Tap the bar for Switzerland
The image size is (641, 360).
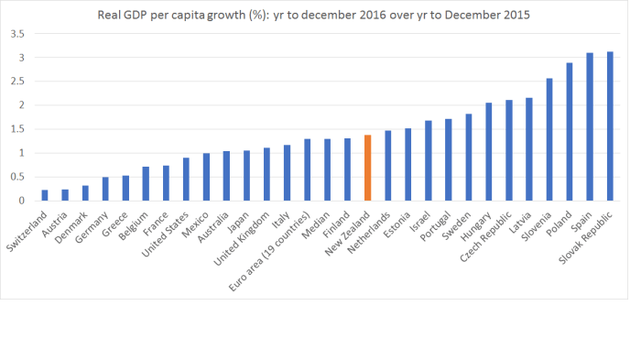[45, 195]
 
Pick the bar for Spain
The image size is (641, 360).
[590, 127]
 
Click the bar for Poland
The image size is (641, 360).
[570, 132]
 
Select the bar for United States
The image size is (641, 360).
[186, 180]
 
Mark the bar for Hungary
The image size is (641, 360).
[489, 152]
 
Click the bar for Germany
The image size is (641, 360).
[105, 189]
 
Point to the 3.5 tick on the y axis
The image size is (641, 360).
[17, 34]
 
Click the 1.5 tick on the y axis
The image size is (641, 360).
[17, 129]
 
